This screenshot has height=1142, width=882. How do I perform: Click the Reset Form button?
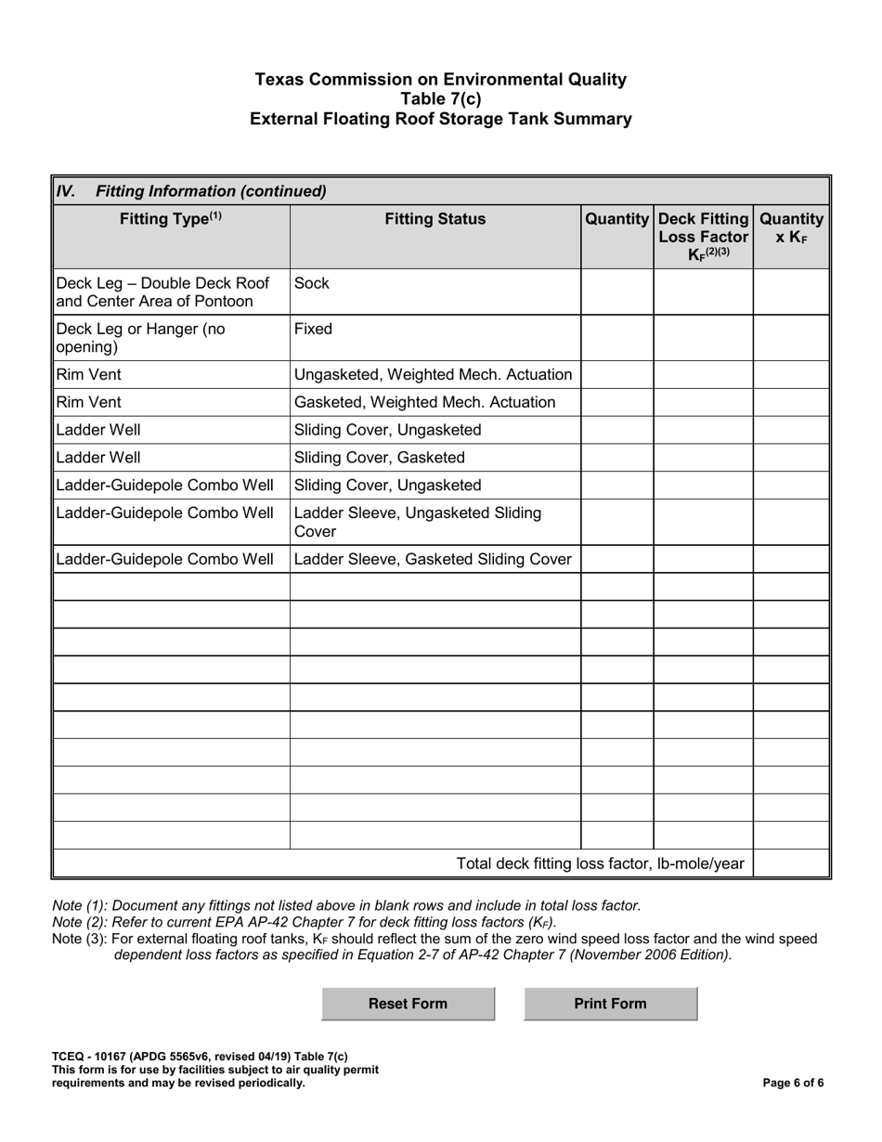tap(408, 1004)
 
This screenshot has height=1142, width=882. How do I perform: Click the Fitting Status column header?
tap(435, 220)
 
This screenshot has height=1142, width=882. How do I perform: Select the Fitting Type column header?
tap(171, 220)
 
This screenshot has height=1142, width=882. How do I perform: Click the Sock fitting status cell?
tap(435, 292)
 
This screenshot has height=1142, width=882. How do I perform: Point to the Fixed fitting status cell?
tap(435, 337)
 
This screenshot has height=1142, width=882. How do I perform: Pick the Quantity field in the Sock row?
tap(617, 292)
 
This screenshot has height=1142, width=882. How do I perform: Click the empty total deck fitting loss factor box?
tap(789, 863)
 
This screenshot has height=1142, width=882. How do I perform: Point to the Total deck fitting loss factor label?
tap(600, 864)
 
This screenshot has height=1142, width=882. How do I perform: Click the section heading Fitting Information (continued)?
tap(211, 191)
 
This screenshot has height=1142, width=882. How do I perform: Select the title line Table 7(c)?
tap(441, 99)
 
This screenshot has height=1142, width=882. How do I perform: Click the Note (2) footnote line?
tap(305, 922)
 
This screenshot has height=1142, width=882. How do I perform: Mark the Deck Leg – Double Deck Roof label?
tap(162, 282)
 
